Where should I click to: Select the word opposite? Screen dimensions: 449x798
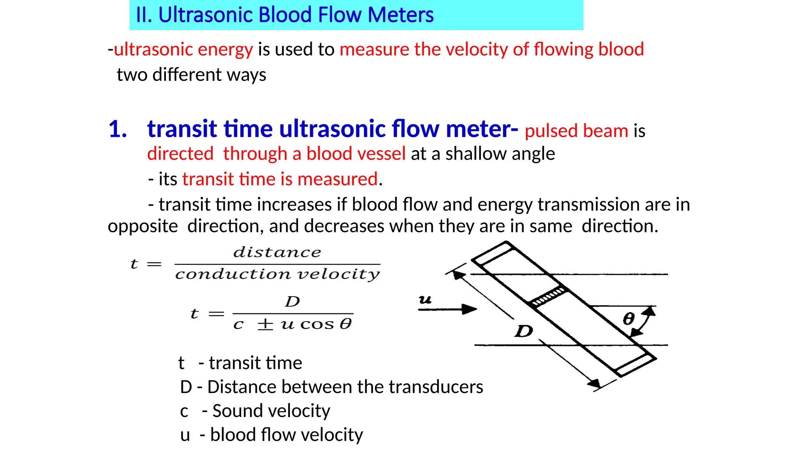point(143,226)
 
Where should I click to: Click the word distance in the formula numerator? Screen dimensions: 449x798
point(277,252)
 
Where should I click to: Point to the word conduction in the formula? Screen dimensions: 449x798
point(233,274)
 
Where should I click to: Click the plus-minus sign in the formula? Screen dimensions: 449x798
point(265,324)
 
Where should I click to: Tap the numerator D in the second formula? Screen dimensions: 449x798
point(292,301)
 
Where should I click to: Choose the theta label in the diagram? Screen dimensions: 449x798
point(628,319)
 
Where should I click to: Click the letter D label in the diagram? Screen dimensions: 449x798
point(523,331)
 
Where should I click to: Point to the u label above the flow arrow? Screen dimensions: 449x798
point(425,299)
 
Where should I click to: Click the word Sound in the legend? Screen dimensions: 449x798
point(237,411)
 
